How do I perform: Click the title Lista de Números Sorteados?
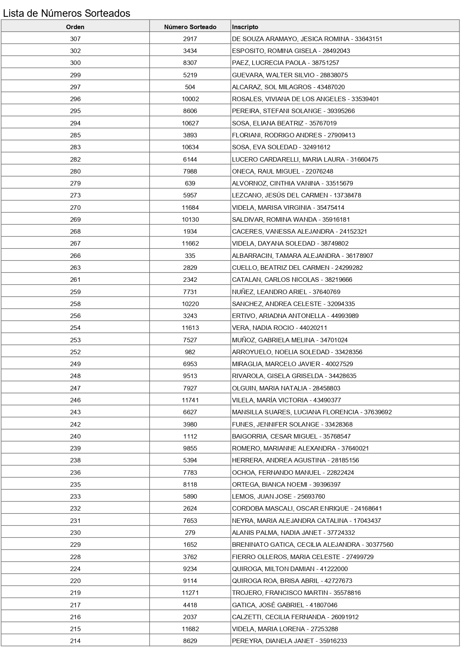pos(66,13)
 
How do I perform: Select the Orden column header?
pos(75,27)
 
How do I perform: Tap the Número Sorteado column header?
pos(190,27)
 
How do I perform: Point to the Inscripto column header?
pos(245,27)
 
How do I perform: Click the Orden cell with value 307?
pos(75,39)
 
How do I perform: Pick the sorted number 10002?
pos(190,99)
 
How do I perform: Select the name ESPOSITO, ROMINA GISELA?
pos(291,51)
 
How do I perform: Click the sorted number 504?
pos(190,87)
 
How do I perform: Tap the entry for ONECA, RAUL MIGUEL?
pos(282,171)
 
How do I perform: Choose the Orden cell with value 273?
pos(75,195)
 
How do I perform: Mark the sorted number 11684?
pos(190,208)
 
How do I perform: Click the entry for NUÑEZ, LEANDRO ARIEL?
pos(286,292)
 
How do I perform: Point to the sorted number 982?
pos(190,352)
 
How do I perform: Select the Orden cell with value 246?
pos(75,400)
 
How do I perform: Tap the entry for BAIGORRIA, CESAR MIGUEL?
pos(291,436)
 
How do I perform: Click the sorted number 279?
pos(190,533)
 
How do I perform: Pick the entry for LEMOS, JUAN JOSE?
pos(278,496)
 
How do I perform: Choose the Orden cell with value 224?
pos(75,569)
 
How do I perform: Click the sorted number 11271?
pos(190,593)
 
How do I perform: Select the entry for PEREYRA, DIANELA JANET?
pos(290,641)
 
